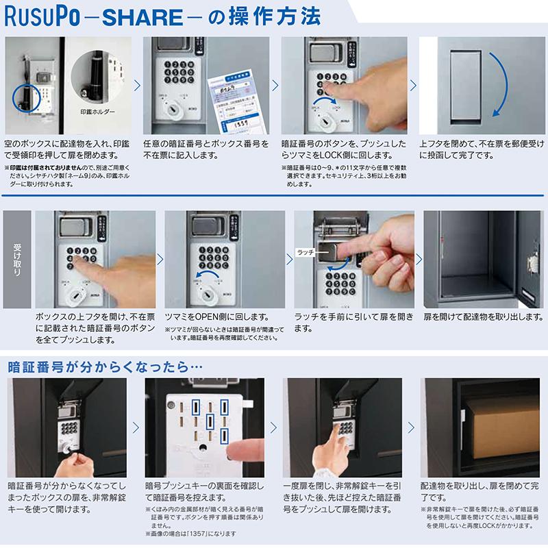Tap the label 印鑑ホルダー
point(98,110)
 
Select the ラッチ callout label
point(306,252)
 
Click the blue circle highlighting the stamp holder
point(27,97)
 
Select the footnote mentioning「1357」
point(189,533)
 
